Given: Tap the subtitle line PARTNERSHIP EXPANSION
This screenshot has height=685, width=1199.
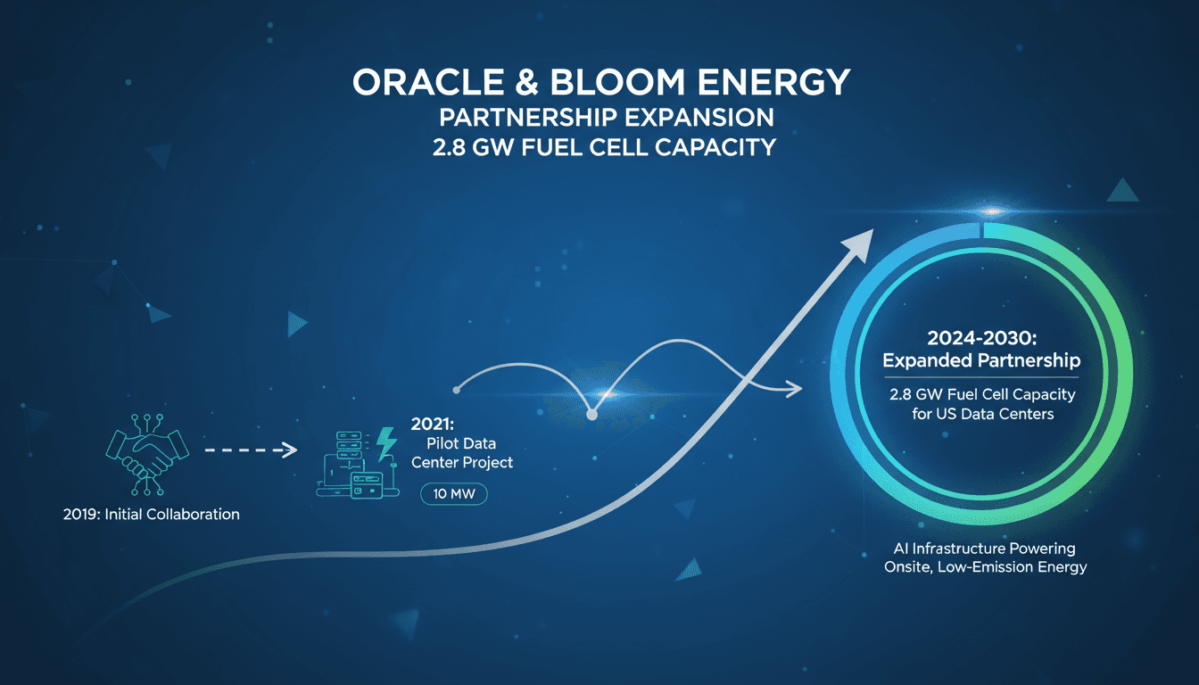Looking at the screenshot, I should point(599,117).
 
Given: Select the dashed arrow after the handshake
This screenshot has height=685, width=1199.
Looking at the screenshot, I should point(250,450).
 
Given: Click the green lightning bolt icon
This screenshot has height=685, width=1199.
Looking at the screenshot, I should point(387,443).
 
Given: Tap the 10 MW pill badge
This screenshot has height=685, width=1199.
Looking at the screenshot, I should point(453,494).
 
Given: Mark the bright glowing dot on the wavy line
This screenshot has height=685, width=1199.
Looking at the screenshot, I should point(591,414).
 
